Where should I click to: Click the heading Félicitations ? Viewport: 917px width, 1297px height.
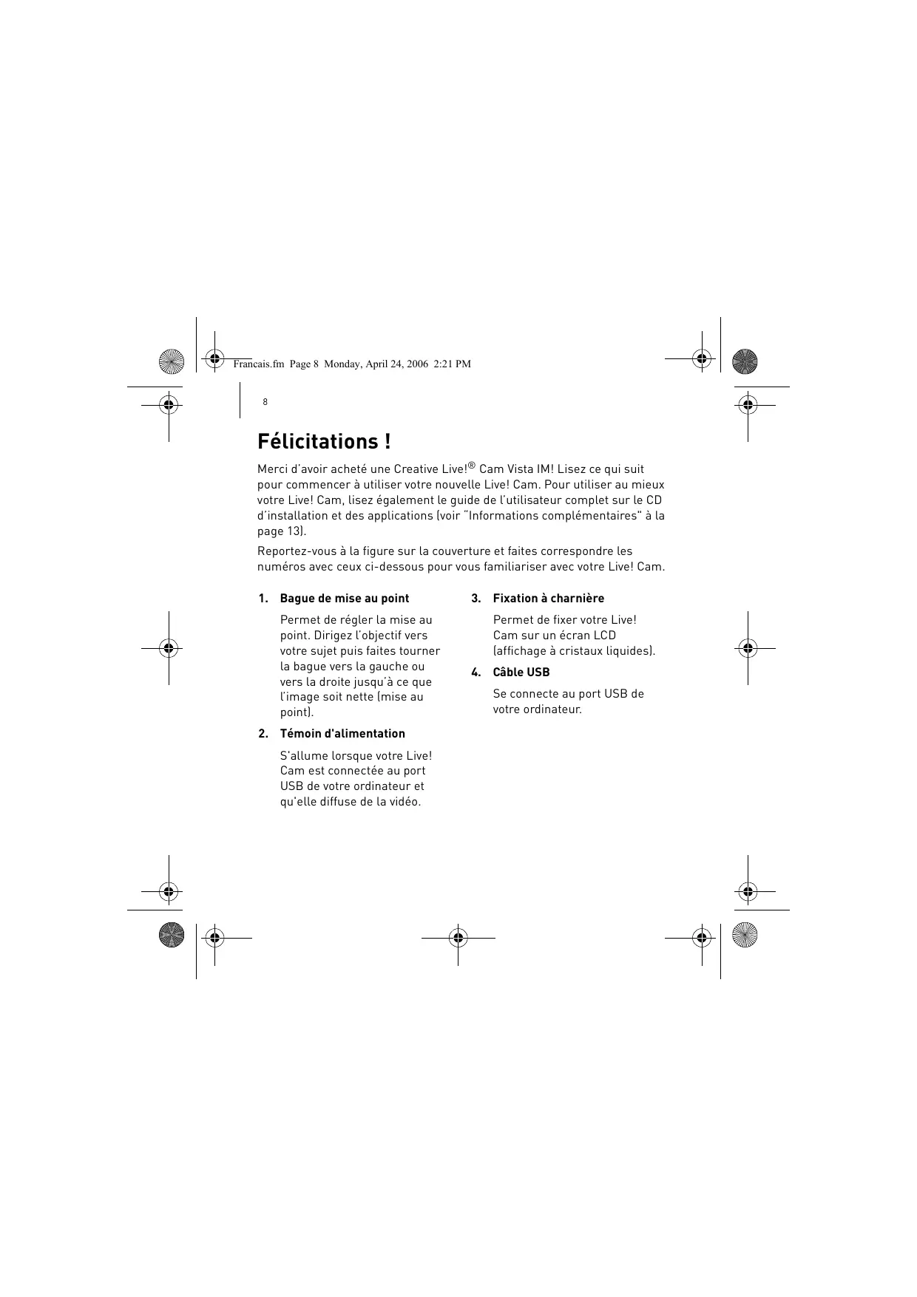pos(324,442)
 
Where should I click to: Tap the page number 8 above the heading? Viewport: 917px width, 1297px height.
pos(265,402)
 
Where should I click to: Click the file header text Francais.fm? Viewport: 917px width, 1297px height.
pos(258,364)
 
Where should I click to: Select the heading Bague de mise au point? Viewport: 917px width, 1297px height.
pos(344,599)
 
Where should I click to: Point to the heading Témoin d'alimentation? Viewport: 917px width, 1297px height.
pos(342,734)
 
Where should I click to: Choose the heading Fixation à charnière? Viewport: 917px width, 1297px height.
pos(548,599)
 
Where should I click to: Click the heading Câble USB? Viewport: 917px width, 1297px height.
pos(521,673)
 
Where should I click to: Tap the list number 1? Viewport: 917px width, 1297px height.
pos(263,599)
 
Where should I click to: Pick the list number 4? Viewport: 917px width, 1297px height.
pos(476,673)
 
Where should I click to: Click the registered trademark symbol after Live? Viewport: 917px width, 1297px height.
pos(472,466)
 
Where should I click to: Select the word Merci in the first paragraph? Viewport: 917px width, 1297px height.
pos(271,469)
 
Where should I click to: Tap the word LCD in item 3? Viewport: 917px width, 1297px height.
pos(604,636)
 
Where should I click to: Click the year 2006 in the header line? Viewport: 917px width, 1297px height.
pos(416,364)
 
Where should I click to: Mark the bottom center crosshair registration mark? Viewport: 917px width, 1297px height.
pos(458,938)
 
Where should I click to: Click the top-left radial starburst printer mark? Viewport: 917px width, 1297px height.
pos(171,361)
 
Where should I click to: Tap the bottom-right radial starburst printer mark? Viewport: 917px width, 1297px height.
pos(745,936)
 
